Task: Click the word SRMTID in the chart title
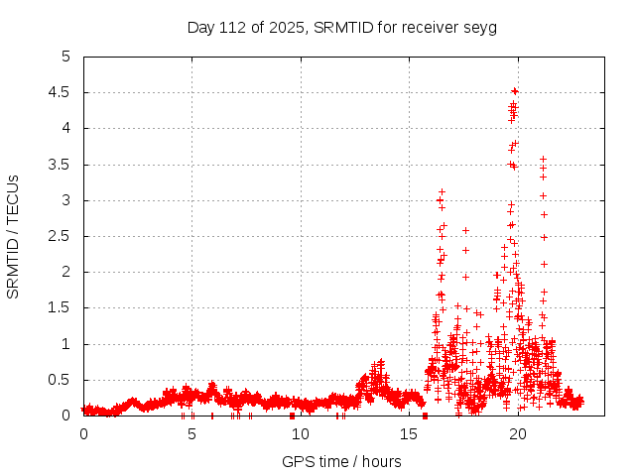(x=340, y=27)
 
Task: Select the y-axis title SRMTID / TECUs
(x=13, y=237)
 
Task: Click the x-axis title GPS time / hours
(x=341, y=461)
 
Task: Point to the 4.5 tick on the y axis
(x=64, y=92)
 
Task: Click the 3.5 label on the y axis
(x=64, y=165)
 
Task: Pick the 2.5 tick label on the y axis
(x=64, y=236)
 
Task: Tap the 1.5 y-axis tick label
(x=64, y=308)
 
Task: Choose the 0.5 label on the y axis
(x=64, y=380)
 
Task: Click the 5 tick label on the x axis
(x=191, y=434)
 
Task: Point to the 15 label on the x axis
(x=409, y=434)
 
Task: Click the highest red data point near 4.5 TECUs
(x=515, y=91)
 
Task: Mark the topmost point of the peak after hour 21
(x=543, y=159)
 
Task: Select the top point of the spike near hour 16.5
(x=442, y=191)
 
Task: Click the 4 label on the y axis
(x=70, y=128)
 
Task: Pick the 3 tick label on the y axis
(x=70, y=200)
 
